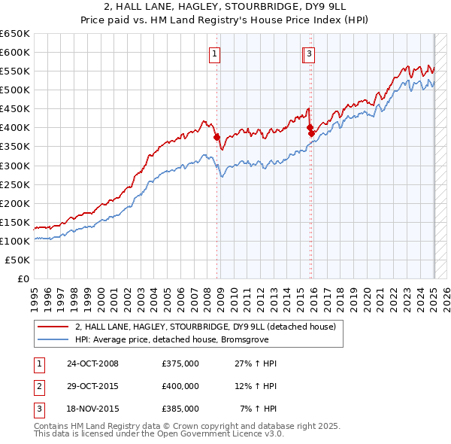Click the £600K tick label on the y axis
15,52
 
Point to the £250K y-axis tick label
15,184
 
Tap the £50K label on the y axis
18,260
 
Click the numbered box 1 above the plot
215,53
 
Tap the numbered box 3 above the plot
310,53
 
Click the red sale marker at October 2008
216,137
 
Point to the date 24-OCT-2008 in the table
92,363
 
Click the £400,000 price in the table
180,386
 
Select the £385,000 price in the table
180,409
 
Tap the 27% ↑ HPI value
256,363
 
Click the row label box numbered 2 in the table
38,386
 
